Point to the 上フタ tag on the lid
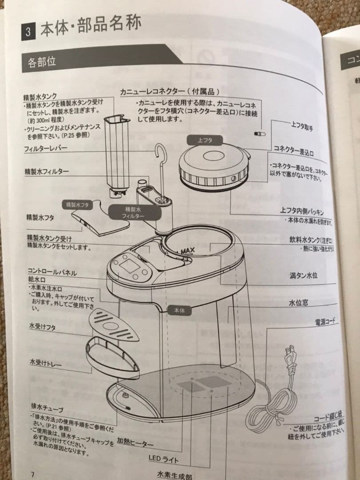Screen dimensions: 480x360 (x=205, y=140)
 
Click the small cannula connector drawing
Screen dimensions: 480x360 (x=259, y=133)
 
